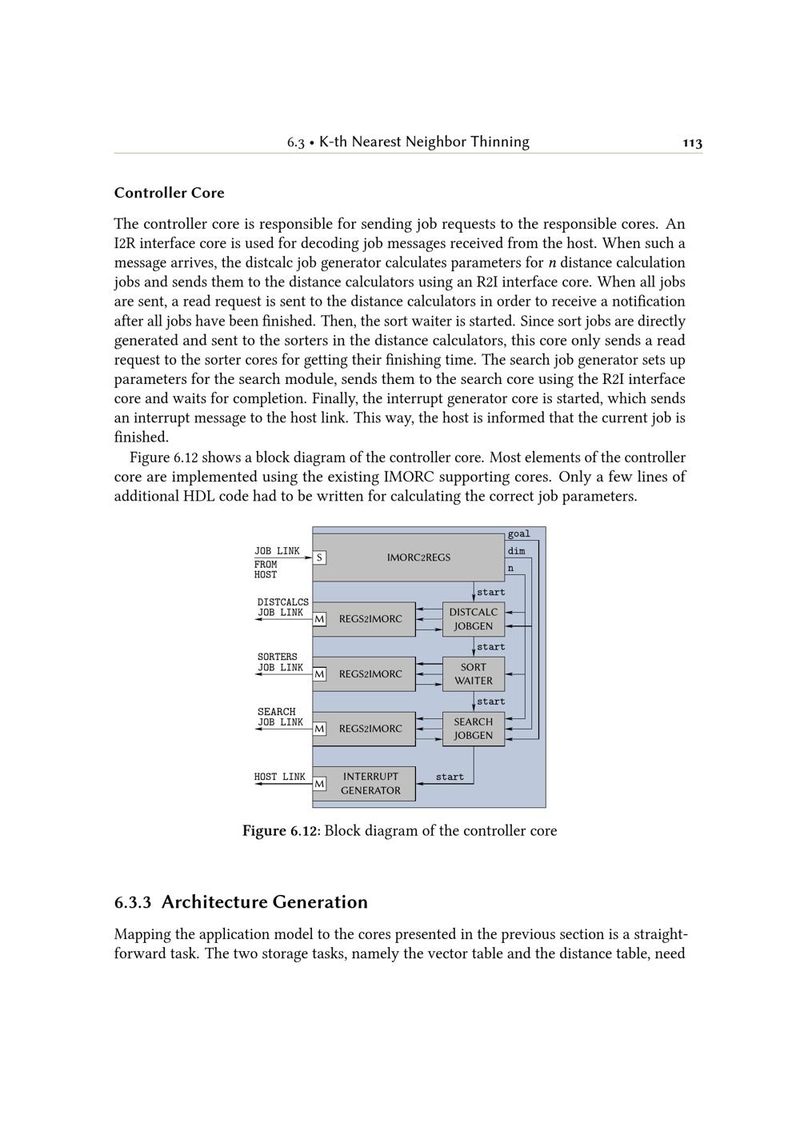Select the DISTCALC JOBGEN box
(474, 619)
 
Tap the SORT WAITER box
(474, 673)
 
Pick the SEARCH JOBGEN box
(474, 729)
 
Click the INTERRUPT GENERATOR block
(370, 784)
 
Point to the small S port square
(319, 558)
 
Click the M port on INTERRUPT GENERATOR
(319, 784)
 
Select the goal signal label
(518, 534)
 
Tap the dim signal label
(516, 551)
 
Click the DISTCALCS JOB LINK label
(282, 608)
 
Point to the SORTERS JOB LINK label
(279, 662)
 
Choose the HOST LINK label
(279, 777)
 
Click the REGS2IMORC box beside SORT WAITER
(370, 674)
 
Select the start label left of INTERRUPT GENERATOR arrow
(450, 777)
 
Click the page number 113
(692, 143)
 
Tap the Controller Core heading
(169, 193)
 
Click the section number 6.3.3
(133, 903)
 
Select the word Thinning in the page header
(499, 142)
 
